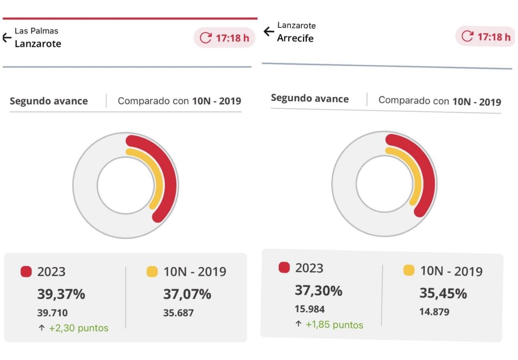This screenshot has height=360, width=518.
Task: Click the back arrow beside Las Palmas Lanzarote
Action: [x=7, y=37]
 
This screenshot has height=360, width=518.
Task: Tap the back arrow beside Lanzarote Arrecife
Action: [x=269, y=32]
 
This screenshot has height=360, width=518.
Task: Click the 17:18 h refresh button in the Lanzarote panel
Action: [x=225, y=37]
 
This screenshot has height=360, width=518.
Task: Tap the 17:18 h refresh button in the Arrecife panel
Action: [x=486, y=37]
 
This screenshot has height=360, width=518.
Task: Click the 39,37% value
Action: [x=61, y=294]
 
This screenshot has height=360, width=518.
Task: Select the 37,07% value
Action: [x=187, y=294]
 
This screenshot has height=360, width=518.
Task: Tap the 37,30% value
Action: [x=318, y=291]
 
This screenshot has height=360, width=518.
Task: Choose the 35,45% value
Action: [x=443, y=293]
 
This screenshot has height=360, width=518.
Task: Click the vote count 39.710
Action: [x=52, y=313]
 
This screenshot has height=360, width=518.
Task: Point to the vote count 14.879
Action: [x=434, y=312]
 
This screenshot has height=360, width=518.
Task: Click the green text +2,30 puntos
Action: [x=78, y=328]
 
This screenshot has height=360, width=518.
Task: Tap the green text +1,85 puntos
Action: [x=334, y=325]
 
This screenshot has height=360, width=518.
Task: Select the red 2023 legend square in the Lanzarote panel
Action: [x=26, y=272]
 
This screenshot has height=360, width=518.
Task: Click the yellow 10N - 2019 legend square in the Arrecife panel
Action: [x=409, y=270]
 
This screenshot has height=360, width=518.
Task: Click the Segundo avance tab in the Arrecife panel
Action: [x=310, y=99]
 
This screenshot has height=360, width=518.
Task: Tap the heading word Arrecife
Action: [x=295, y=38]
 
